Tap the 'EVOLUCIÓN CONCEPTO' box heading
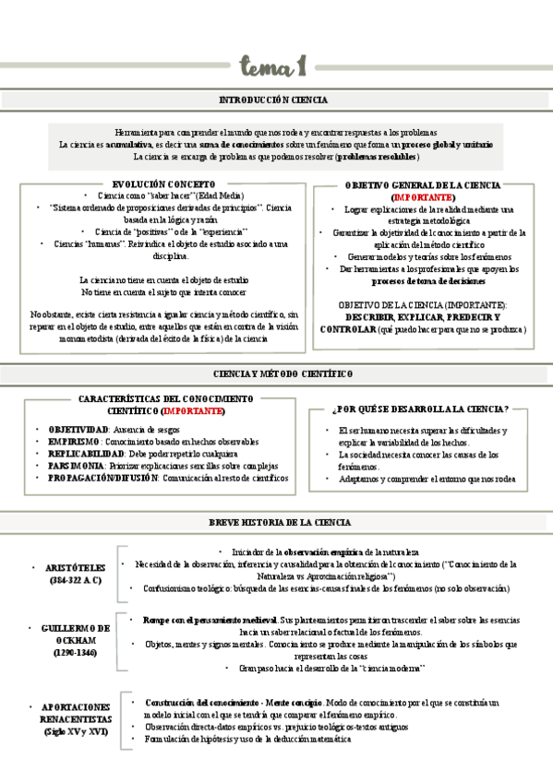(162, 184)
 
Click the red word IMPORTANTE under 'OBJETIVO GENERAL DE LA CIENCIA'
(423, 197)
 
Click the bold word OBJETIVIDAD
(78, 431)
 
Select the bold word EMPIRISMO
(74, 443)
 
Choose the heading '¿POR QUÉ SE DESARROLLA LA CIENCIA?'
(420, 409)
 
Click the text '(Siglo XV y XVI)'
(76, 731)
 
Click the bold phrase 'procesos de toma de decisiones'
(422, 281)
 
